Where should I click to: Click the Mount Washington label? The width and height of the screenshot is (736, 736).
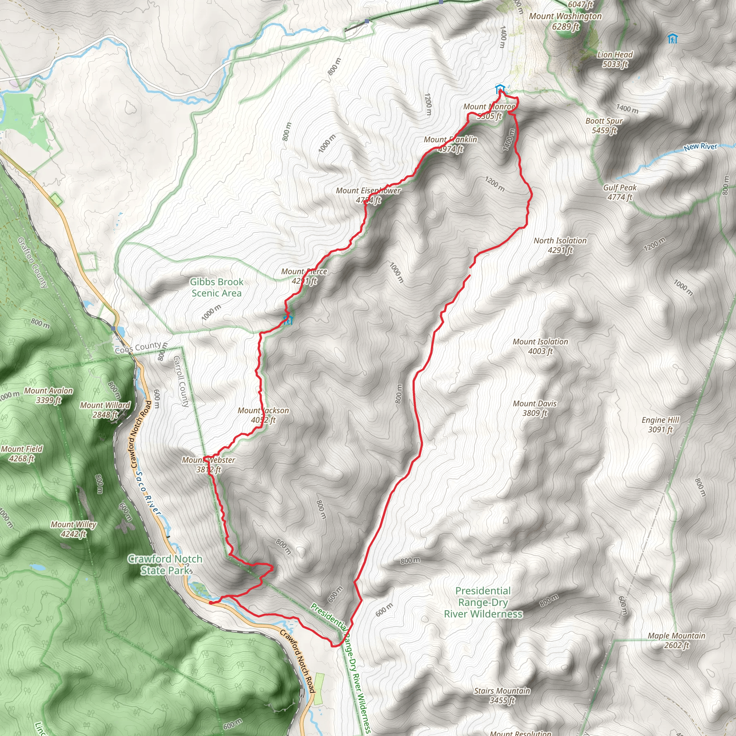(x=565, y=21)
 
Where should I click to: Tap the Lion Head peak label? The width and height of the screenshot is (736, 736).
(x=615, y=59)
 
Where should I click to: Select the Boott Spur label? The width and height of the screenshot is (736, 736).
(x=604, y=126)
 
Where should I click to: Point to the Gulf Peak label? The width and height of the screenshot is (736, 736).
(x=620, y=192)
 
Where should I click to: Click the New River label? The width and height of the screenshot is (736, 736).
(x=700, y=147)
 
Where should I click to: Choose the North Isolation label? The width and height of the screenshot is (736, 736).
(x=560, y=245)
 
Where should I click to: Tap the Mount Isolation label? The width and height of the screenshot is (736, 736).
(x=540, y=346)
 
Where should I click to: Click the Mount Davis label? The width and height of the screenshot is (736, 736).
(x=535, y=408)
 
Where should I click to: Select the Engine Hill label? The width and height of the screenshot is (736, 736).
(x=661, y=424)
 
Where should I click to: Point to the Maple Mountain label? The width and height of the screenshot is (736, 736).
(x=677, y=640)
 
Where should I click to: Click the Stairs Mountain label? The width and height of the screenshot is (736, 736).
(x=502, y=695)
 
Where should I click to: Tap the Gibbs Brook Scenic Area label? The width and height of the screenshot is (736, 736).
(x=216, y=287)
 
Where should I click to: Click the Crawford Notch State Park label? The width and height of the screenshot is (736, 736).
(x=165, y=564)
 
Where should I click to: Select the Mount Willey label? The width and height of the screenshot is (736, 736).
(x=74, y=529)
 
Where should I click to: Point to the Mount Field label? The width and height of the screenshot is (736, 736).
(x=22, y=453)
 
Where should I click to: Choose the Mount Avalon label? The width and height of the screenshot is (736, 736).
(x=49, y=395)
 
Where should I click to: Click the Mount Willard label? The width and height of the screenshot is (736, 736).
(x=105, y=410)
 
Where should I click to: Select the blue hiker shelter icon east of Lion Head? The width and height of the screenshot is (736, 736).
(x=673, y=39)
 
